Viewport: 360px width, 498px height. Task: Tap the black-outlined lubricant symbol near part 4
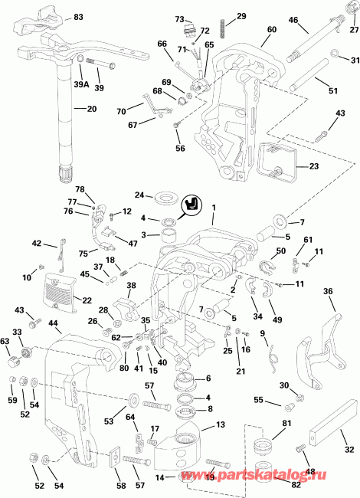(191, 205)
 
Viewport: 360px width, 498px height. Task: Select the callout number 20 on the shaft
(91, 109)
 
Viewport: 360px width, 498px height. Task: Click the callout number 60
(272, 30)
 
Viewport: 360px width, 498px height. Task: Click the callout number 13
(219, 425)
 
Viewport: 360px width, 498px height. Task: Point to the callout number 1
(214, 207)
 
